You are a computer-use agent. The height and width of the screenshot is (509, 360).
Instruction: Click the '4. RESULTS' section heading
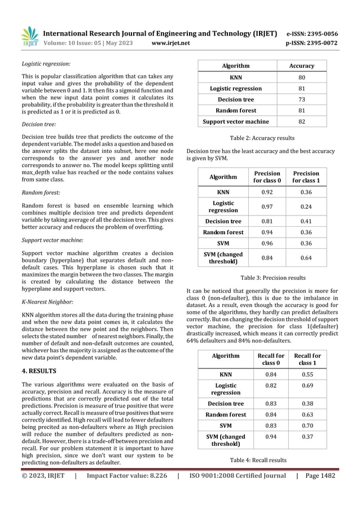coord(39,372)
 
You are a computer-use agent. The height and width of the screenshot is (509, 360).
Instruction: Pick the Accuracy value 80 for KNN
coord(301,77)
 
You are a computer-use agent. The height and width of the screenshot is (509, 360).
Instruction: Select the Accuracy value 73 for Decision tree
coord(301,99)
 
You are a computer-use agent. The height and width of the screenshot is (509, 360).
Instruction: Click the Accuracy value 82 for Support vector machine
coord(301,121)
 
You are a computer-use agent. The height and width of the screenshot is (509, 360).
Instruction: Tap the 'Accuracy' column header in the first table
coord(301,66)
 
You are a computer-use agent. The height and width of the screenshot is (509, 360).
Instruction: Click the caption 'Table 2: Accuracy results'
coord(262,138)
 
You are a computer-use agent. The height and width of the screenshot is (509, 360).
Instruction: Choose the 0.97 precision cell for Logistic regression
coord(267,207)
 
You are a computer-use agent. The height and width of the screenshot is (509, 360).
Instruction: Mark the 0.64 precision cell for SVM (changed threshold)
coord(305,258)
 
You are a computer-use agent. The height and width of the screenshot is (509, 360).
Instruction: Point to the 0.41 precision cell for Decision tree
coord(305,221)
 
